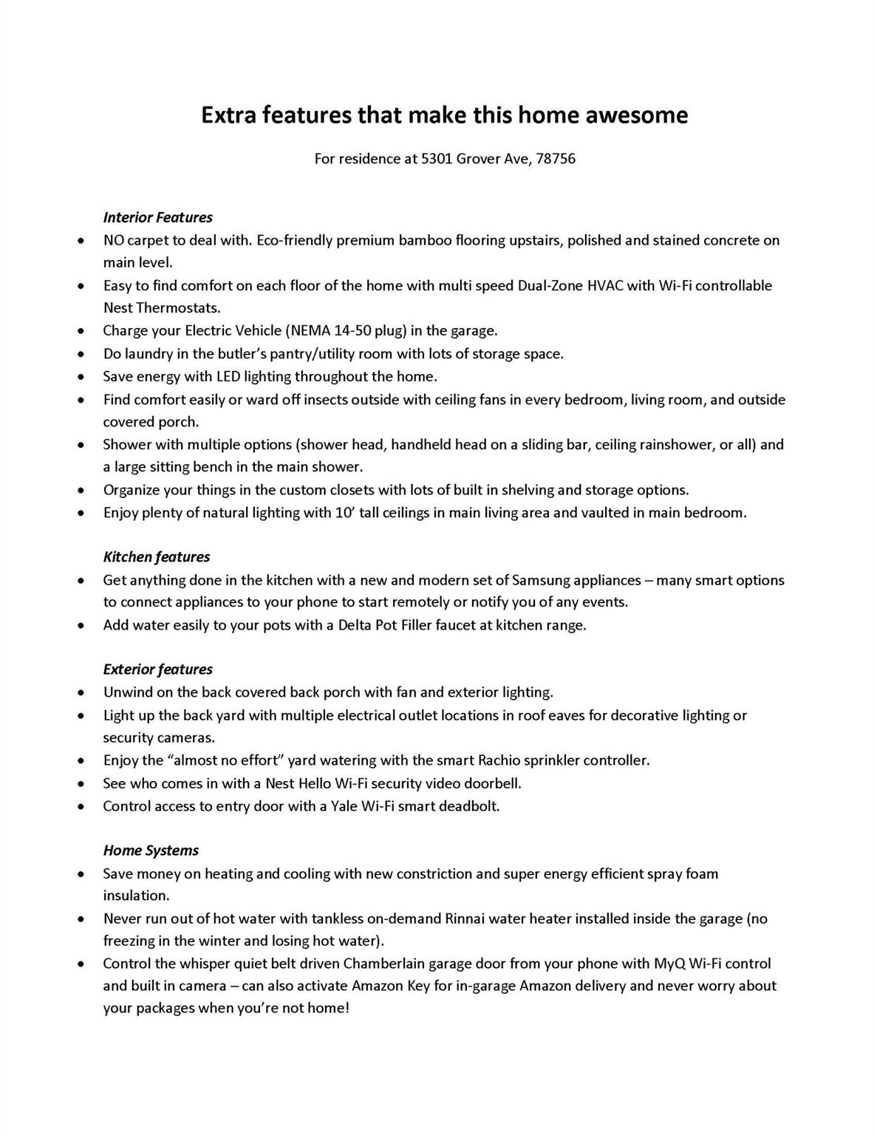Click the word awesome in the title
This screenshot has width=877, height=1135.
636,115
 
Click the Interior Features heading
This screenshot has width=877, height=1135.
157,217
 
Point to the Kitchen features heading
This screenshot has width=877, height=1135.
156,557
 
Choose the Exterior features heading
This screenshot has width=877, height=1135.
157,669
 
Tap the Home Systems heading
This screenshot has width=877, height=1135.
151,851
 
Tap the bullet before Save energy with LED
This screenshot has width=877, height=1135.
81,377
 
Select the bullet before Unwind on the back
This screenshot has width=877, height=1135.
81,693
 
